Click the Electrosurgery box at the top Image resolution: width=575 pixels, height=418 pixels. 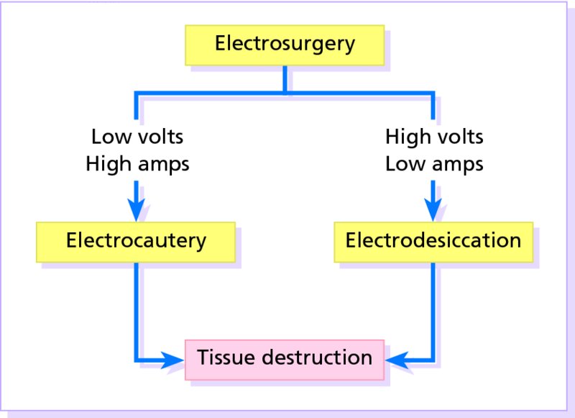[x=285, y=45]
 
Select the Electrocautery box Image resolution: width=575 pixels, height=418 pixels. [x=136, y=240]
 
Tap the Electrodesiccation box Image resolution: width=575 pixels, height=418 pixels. [x=433, y=240]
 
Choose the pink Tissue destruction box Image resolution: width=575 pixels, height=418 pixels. [x=285, y=358]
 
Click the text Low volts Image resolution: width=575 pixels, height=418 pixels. [x=136, y=136]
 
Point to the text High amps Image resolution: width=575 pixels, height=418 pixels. [x=137, y=164]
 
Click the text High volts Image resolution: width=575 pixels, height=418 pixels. [x=434, y=136]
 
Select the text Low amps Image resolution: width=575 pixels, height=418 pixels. [x=434, y=164]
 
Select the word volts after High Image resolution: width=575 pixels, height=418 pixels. [x=460, y=136]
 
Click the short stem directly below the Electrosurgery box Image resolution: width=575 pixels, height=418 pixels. [x=285, y=79]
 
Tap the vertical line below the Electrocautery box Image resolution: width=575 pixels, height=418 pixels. [x=136, y=309]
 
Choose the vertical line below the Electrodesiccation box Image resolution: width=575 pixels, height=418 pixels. [x=433, y=309]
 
